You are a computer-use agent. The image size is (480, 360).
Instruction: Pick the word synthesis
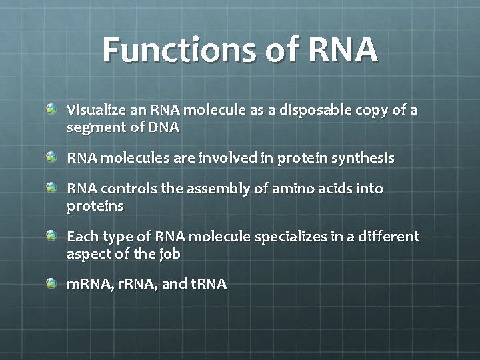coord(363,159)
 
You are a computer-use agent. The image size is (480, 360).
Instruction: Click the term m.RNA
coord(89,285)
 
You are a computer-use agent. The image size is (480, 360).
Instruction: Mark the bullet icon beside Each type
coord(51,235)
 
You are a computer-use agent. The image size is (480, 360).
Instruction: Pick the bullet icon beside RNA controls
coord(51,188)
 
